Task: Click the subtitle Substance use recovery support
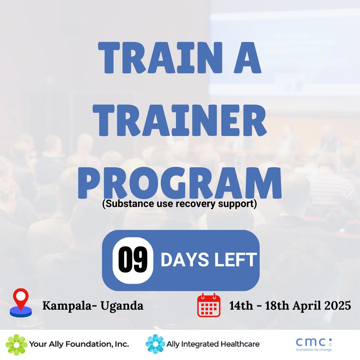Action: pyautogui.click(x=180, y=204)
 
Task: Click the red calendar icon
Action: pyautogui.click(x=209, y=305)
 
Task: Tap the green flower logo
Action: pyautogui.click(x=16, y=345)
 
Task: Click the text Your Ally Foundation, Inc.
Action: pyautogui.click(x=79, y=344)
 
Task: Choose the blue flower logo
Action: pyautogui.click(x=155, y=344)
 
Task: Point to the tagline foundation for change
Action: pyautogui.click(x=314, y=350)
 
